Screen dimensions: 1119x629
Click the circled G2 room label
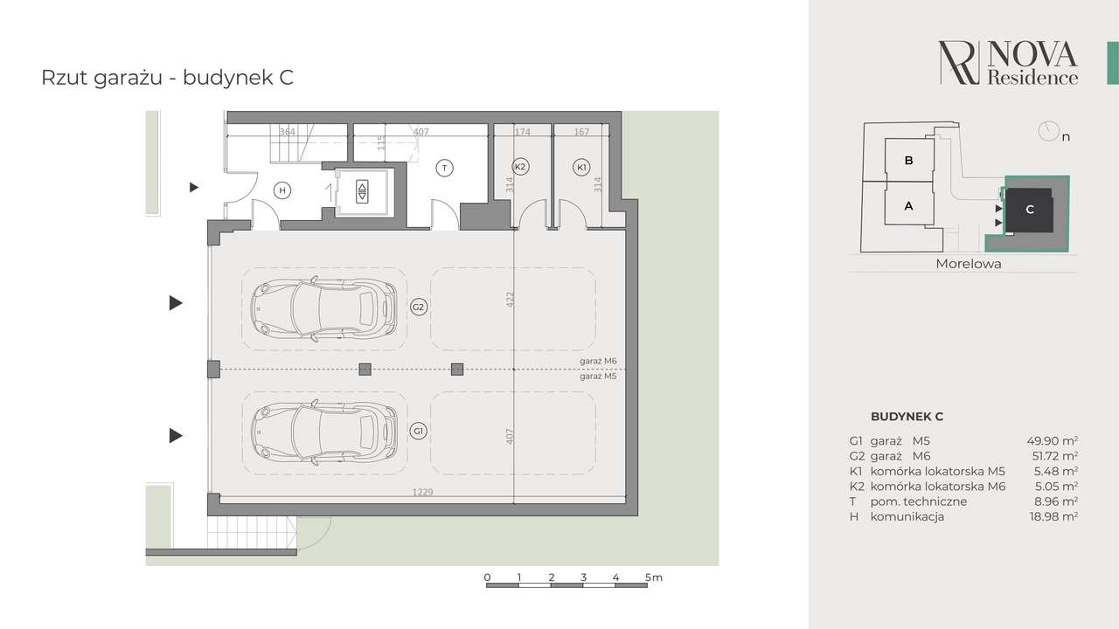pos(418,307)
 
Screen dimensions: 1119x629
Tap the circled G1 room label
pos(418,431)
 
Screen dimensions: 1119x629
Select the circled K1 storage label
pos(581,167)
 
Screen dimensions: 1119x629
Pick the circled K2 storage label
pos(520,166)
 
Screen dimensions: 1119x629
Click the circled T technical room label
pos(444,169)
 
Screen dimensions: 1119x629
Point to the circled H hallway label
pos(282,190)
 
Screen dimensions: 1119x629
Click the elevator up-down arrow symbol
pos(362,192)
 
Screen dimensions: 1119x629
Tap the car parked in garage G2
pos(323,308)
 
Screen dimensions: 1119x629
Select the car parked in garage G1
pos(323,432)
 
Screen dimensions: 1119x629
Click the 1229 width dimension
pos(422,492)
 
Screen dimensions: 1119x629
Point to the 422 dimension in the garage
pos(510,300)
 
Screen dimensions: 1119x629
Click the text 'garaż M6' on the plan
pos(598,361)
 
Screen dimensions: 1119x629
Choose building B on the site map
pos(909,160)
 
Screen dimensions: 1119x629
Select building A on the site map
pos(908,205)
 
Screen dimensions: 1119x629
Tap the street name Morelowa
pos(968,264)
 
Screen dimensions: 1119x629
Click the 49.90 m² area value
pos(1052,441)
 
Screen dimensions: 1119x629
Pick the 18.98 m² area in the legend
pos(1053,516)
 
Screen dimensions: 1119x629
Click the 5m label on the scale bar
pos(653,577)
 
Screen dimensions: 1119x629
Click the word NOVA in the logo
pos(1032,55)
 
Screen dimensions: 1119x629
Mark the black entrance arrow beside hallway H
pos(194,188)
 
